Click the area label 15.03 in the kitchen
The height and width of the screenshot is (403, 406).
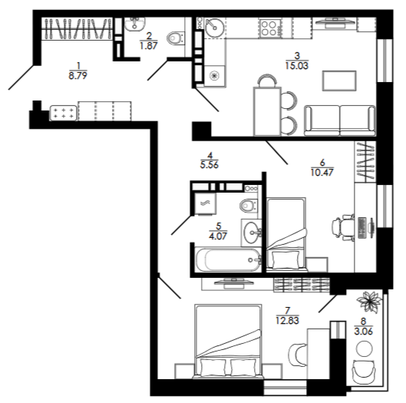[x=297, y=66]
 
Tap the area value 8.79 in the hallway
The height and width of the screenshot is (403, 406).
[x=78, y=76]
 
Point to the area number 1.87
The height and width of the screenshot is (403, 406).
[x=148, y=46]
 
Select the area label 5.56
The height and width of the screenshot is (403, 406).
[x=210, y=165]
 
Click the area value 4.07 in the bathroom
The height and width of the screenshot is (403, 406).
[x=218, y=236]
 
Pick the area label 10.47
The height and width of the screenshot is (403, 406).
[x=322, y=172]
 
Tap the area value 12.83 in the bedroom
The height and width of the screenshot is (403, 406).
[x=287, y=320]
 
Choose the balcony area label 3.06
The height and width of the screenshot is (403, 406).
[x=363, y=332]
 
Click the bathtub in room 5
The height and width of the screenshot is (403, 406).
[x=229, y=259]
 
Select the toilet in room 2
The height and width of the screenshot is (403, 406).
[x=176, y=38]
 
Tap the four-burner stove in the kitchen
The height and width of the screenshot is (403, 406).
[x=270, y=28]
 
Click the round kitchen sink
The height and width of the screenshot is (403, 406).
[x=214, y=28]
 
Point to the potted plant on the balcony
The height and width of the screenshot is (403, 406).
[x=368, y=302]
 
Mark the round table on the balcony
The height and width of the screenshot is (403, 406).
[x=364, y=349]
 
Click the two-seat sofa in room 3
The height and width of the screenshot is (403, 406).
[x=340, y=121]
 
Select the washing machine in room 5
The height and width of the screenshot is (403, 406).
[x=205, y=203]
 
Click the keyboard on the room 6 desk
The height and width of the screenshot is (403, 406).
[x=361, y=228]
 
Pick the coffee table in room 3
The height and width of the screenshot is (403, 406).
[x=339, y=81]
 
